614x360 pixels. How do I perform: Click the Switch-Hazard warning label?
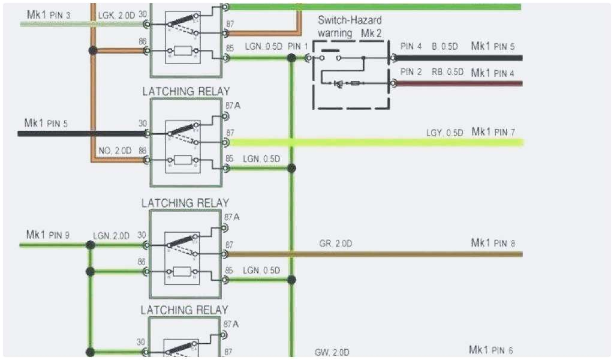tap(349, 26)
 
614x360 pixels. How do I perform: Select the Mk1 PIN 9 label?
tap(48, 235)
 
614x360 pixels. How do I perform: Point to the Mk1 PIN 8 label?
tap(492, 243)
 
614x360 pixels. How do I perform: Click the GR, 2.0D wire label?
tap(335, 244)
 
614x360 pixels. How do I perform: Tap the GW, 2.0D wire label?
tap(332, 352)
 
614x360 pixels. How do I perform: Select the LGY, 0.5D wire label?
tap(444, 133)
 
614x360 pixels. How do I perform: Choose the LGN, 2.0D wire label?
tap(111, 236)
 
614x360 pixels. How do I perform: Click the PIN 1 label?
tap(297, 46)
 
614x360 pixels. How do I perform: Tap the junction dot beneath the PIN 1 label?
tap(291, 58)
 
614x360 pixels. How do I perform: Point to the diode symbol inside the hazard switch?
tap(339, 83)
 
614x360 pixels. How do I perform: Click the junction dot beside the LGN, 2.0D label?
tap(91, 245)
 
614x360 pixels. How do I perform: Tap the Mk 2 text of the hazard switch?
tap(371, 32)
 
